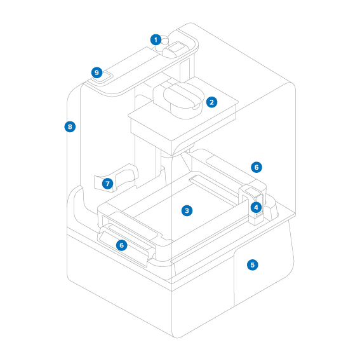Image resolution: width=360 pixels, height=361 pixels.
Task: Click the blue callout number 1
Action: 156,40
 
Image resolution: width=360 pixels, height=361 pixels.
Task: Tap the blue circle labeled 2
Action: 211,102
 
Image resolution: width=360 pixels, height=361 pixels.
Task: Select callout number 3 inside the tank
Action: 187,210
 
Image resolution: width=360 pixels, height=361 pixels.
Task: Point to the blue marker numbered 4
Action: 256,207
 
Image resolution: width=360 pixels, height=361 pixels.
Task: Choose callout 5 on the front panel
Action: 252,265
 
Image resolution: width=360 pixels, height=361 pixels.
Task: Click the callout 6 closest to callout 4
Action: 257,167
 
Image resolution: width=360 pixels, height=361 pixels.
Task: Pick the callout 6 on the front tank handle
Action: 122,245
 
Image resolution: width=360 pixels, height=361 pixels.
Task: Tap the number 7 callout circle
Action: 107,184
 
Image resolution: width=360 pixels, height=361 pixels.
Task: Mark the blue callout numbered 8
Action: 70,126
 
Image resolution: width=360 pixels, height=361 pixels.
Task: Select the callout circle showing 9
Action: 97,72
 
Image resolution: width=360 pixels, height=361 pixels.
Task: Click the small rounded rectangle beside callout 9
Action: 103,77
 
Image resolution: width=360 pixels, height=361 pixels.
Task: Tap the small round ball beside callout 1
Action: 165,41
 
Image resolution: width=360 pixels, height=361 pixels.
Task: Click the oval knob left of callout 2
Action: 183,95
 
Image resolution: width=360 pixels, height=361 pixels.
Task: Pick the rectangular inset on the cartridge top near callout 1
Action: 177,48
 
